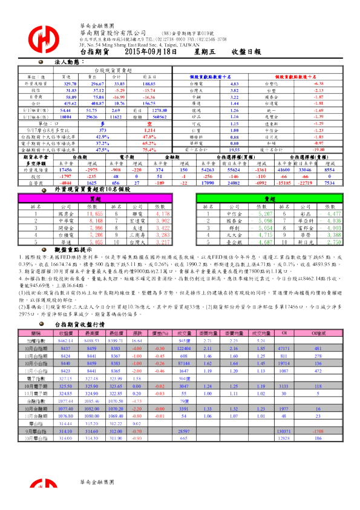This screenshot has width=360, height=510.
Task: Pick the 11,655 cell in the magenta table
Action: [x=94, y=214]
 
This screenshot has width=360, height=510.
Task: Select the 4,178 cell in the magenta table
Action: [x=162, y=214]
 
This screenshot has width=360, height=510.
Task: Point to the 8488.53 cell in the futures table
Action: [x=91, y=325]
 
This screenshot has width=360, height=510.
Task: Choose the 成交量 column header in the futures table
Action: [x=184, y=316]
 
